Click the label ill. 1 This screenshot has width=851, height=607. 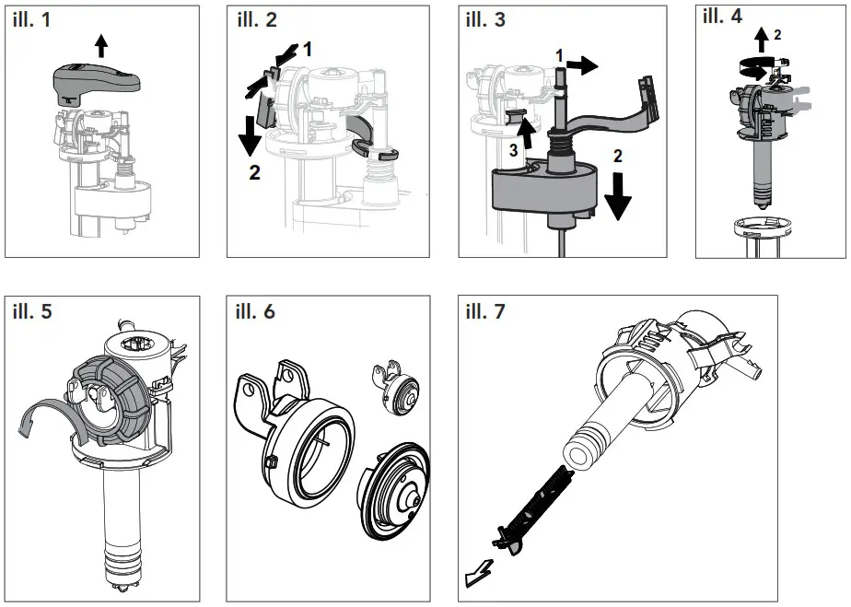(x=32, y=21)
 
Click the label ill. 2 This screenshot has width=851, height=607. (x=257, y=21)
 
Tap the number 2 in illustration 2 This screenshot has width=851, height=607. (x=255, y=172)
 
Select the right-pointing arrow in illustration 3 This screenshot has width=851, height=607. (x=582, y=64)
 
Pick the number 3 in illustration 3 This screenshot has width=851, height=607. (x=514, y=149)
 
